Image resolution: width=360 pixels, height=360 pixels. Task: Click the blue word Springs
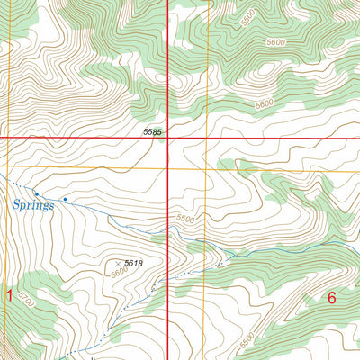pos(34,205)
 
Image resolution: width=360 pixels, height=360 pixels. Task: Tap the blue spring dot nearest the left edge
pos(36,193)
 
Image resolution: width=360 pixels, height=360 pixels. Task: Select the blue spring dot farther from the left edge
pos(65,199)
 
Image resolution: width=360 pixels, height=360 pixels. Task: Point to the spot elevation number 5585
pos(153,132)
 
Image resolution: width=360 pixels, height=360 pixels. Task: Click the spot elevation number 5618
pos(134,263)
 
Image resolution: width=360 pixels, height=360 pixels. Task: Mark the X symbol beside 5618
pos(118,263)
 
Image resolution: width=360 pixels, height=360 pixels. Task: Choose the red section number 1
pos(10,296)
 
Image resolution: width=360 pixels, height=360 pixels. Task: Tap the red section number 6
pos(331,298)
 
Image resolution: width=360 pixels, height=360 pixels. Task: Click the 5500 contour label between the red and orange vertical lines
pos(185,219)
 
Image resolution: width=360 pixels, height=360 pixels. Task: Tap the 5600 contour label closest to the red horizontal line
pos(264,104)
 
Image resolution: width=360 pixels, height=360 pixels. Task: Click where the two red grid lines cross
pos(169,138)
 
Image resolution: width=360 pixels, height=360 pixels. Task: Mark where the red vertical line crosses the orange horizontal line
pos(169,168)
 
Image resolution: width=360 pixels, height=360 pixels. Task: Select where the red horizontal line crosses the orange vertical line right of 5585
pos(208,138)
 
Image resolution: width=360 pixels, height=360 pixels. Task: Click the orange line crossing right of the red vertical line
pos(208,168)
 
